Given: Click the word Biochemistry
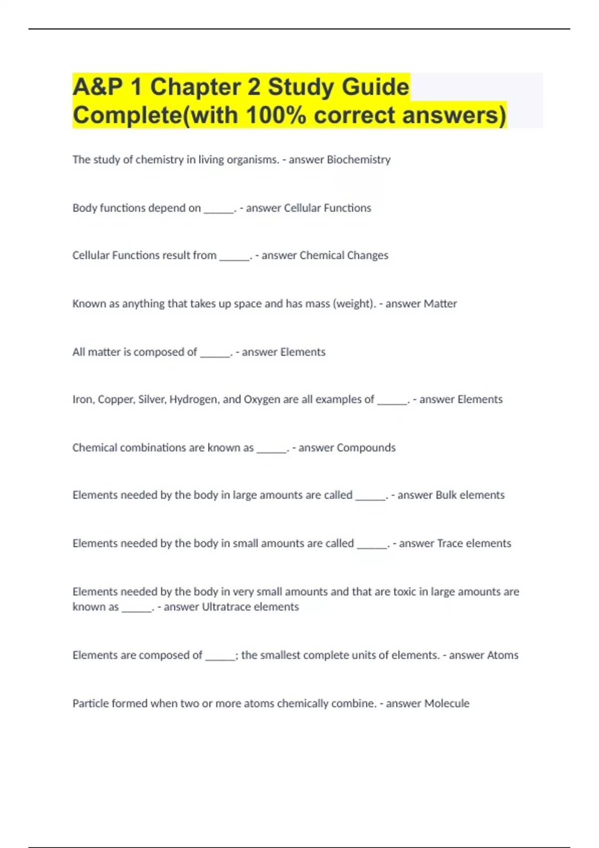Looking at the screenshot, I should pyautogui.click(x=358, y=160).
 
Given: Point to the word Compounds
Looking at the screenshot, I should pyautogui.click(x=366, y=448).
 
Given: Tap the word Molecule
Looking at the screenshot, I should pyautogui.click(x=446, y=703).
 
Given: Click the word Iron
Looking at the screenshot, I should pyautogui.click(x=82, y=400).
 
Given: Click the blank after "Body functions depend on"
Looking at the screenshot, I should pyautogui.click(x=218, y=210).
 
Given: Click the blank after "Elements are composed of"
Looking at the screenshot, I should pyautogui.click(x=220, y=657).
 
